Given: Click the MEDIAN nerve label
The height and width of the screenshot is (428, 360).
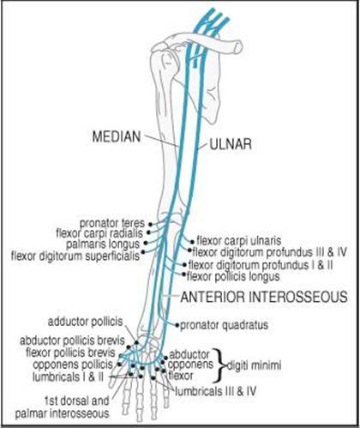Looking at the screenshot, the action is click(x=117, y=136).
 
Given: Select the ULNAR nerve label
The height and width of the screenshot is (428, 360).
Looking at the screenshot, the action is click(x=231, y=144).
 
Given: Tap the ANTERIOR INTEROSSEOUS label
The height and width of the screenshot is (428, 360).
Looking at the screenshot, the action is click(x=264, y=297).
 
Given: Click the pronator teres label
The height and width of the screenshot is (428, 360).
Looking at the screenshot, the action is click(x=112, y=223).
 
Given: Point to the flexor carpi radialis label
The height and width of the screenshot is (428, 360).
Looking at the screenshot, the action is click(x=99, y=233).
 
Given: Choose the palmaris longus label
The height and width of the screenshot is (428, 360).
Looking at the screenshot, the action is click(x=103, y=244).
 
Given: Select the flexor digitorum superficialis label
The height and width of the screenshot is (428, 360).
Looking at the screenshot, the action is click(x=75, y=256).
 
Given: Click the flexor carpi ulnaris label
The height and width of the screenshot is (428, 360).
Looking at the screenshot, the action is click(x=239, y=241).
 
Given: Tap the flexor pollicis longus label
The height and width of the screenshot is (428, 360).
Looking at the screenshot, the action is click(x=233, y=277).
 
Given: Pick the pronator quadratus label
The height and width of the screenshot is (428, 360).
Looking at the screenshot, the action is click(x=225, y=325).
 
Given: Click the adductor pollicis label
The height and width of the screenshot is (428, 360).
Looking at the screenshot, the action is click(x=85, y=322).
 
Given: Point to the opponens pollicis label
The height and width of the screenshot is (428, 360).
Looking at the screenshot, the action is click(x=73, y=365).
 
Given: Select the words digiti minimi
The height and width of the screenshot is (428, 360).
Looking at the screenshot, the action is click(x=254, y=365).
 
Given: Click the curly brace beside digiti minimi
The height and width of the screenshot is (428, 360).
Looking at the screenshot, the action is click(x=220, y=365).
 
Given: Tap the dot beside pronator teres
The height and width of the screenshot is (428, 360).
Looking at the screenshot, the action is click(x=150, y=224).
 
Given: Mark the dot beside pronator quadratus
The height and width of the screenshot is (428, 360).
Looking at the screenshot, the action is click(x=177, y=325).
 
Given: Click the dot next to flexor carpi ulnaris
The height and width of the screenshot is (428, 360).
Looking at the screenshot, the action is click(x=192, y=242).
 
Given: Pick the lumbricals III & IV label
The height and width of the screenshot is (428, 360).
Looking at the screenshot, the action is click(x=215, y=391).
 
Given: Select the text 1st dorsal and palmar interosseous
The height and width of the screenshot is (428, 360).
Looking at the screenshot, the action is click(x=62, y=407).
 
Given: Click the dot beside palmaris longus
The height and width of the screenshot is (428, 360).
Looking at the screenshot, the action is click(x=146, y=243).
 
